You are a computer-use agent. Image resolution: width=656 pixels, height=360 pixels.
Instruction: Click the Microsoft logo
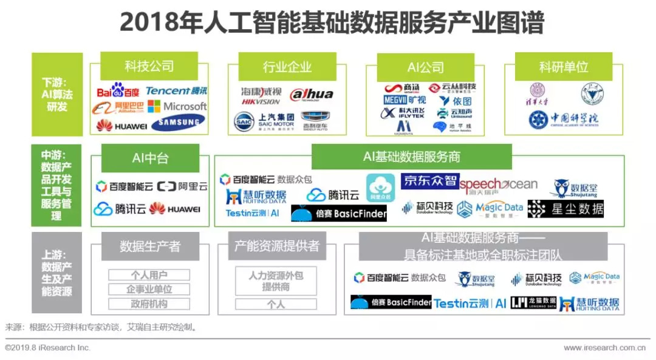click(x=177, y=106)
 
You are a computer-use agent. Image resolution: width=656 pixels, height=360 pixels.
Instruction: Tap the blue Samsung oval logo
click(x=178, y=123)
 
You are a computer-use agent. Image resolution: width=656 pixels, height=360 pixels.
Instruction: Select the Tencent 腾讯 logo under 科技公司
click(x=176, y=90)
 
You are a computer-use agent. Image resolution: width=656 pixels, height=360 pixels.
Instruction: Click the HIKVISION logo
click(x=261, y=97)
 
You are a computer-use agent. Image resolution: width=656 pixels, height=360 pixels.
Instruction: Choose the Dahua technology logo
click(x=312, y=95)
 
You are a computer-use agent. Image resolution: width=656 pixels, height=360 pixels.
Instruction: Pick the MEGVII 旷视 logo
click(x=405, y=100)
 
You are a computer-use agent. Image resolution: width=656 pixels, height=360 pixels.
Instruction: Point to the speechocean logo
click(x=499, y=185)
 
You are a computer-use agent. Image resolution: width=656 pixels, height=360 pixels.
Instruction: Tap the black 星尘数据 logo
click(x=565, y=209)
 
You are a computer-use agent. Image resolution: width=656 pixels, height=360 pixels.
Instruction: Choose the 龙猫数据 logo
click(x=533, y=302)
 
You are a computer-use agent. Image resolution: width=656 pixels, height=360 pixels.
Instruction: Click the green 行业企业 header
click(x=287, y=67)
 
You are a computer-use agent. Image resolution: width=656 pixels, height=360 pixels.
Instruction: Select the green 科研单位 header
click(x=564, y=67)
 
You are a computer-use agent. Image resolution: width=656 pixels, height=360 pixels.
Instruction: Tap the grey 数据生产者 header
click(x=150, y=246)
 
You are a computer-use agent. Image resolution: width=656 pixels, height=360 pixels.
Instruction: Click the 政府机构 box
click(x=149, y=304)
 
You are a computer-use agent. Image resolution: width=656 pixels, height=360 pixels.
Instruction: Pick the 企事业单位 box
click(x=149, y=289)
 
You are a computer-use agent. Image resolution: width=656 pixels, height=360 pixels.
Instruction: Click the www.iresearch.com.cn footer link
click(x=604, y=348)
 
